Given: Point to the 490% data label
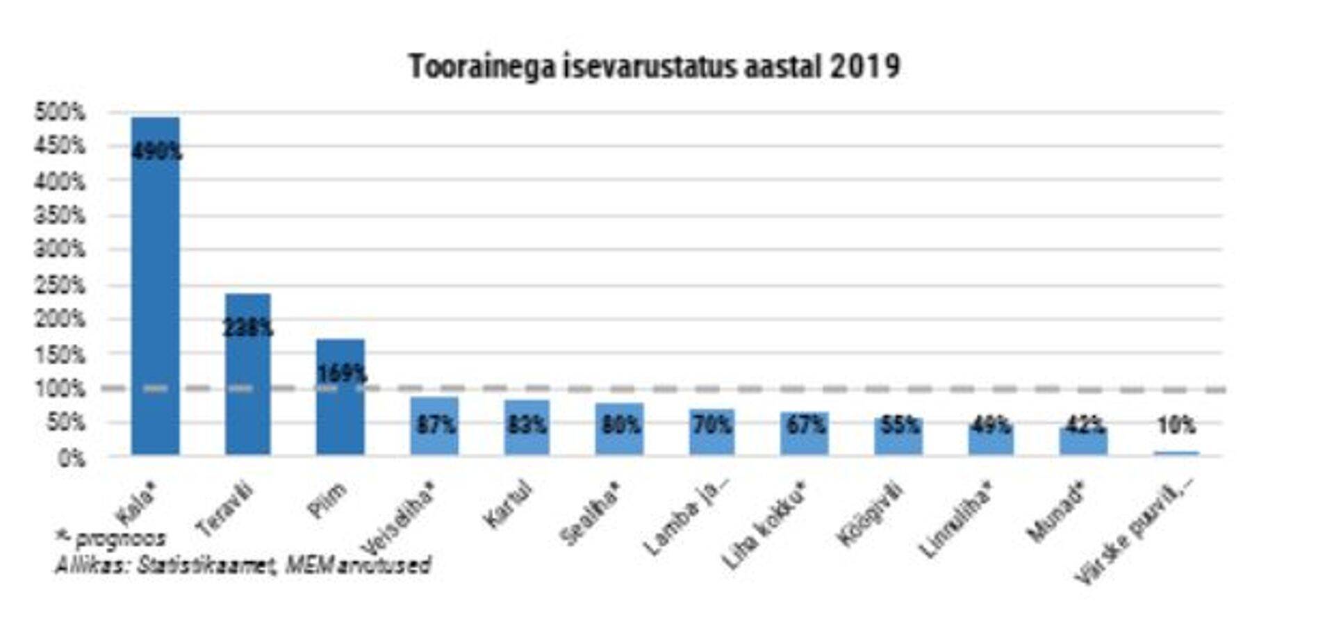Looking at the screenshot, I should click(157, 151).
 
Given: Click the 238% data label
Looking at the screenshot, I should click(247, 327).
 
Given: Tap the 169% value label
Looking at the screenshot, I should click(341, 374).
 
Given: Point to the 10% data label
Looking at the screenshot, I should click(1176, 425).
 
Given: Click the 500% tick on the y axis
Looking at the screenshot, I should click(60, 112).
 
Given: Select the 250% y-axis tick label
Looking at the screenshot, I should click(60, 285).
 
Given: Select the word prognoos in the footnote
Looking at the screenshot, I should click(120, 539).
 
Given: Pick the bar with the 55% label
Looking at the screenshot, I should click(898, 436).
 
